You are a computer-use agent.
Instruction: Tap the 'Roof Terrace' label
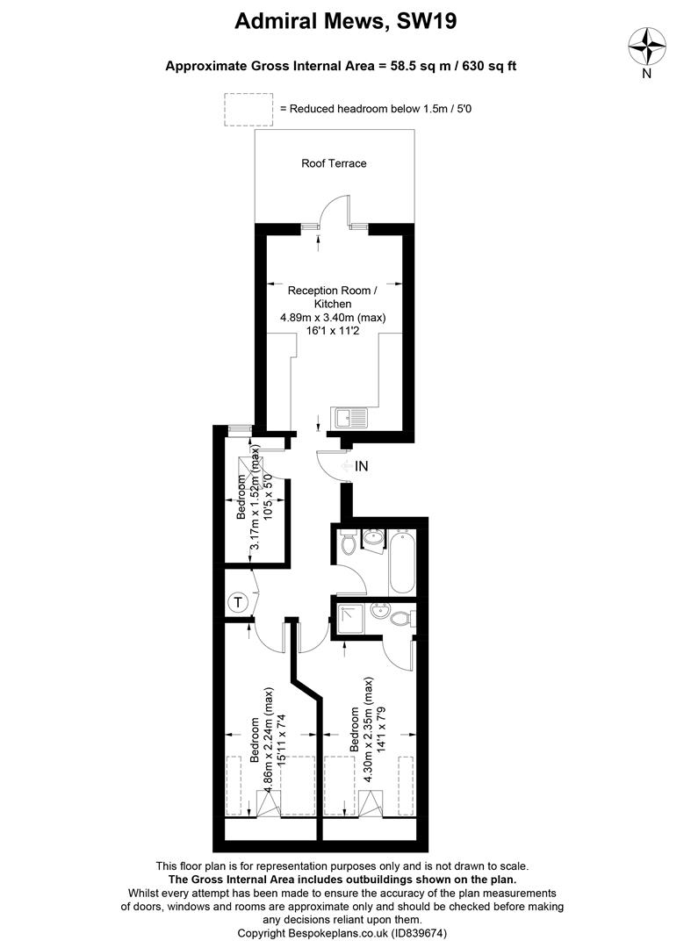click(334, 163)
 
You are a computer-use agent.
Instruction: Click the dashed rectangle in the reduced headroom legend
click(248, 108)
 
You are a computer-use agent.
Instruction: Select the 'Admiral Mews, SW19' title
click(345, 22)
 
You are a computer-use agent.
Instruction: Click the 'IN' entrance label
click(361, 467)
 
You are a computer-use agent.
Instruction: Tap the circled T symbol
click(238, 603)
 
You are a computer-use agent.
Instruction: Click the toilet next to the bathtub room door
click(349, 543)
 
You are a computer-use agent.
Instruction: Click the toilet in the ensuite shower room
click(402, 619)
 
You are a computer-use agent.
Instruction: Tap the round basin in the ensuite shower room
click(379, 612)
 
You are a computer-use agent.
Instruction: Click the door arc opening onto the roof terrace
click(334, 209)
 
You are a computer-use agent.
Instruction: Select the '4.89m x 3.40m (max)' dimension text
click(333, 318)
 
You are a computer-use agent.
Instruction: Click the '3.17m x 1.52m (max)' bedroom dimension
click(256, 499)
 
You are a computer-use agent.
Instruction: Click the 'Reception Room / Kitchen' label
click(333, 297)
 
